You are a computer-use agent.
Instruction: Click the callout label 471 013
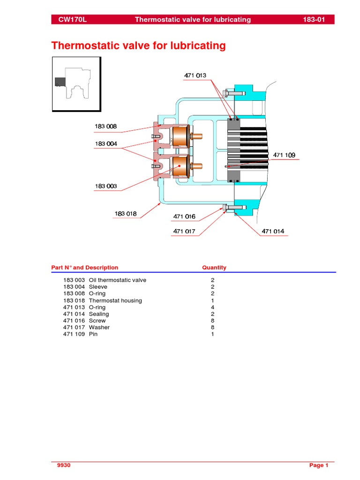pyautogui.click(x=195, y=75)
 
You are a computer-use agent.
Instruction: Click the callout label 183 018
pyautogui.click(x=126, y=214)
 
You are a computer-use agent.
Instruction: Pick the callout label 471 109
pyautogui.click(x=284, y=155)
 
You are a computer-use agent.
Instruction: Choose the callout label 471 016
pyautogui.click(x=184, y=217)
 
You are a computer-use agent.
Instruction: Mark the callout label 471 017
pyautogui.click(x=184, y=231)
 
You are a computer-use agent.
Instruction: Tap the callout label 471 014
pyautogui.click(x=273, y=231)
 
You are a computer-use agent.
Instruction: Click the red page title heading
pyautogui.click(x=138, y=45)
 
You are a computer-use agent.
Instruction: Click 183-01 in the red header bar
pyautogui.click(x=318, y=20)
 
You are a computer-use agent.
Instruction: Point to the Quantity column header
pyautogui.click(x=214, y=268)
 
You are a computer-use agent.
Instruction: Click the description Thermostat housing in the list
pyautogui.click(x=115, y=300)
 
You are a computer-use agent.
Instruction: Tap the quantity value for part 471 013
pyautogui.click(x=213, y=307)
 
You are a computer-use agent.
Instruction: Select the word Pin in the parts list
pyautogui.click(x=93, y=334)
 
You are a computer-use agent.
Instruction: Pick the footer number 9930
pyautogui.click(x=63, y=465)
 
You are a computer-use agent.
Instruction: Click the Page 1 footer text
pyautogui.click(x=319, y=465)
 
